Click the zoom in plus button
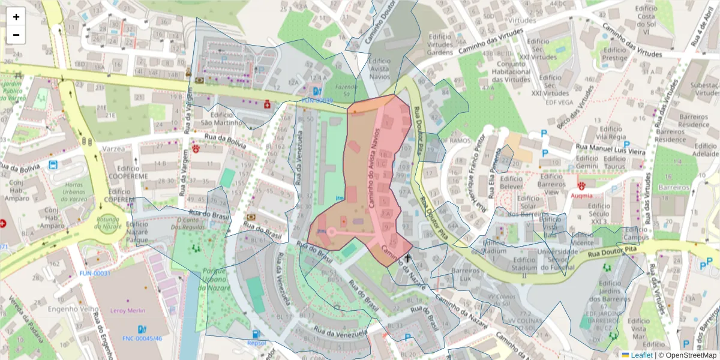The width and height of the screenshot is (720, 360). pyautogui.click(x=16, y=17)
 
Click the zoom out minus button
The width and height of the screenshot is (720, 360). pyautogui.click(x=16, y=35)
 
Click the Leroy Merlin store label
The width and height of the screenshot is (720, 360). pyautogui.click(x=128, y=311)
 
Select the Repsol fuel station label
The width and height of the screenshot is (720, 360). pyautogui.click(x=256, y=343)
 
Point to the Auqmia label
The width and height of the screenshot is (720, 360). pyautogui.click(x=581, y=195)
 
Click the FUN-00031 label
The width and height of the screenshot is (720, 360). pyautogui.click(x=95, y=274)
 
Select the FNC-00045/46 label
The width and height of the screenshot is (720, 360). pyautogui.click(x=143, y=338)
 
